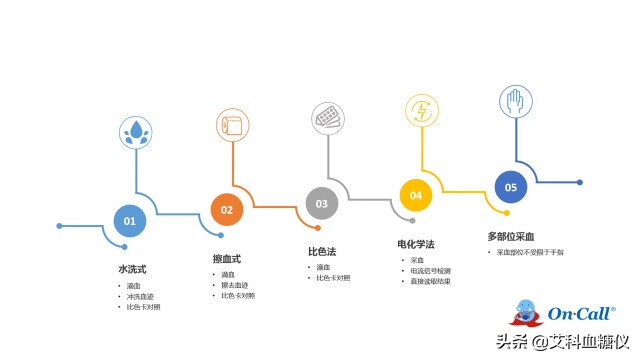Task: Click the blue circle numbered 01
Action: [x=129, y=220]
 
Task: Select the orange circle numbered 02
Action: [x=227, y=210]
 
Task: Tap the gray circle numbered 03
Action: [x=322, y=203]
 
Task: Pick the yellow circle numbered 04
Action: [x=416, y=195]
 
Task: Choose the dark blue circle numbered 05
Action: [x=511, y=186]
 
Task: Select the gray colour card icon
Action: [x=328, y=117]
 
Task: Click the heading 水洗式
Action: [x=132, y=269]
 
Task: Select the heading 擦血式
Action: [x=227, y=259]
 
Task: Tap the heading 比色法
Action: [x=322, y=252]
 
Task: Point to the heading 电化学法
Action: [x=416, y=244]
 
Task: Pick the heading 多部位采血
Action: [x=511, y=236]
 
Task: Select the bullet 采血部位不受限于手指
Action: [x=531, y=253]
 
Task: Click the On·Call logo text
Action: [x=581, y=314]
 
